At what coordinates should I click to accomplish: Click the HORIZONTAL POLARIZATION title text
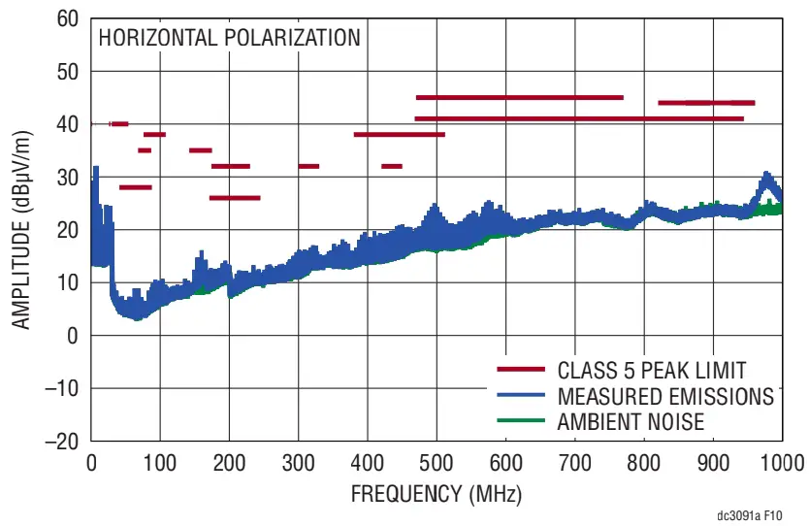[228, 39]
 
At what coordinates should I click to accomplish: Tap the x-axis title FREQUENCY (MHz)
[436, 494]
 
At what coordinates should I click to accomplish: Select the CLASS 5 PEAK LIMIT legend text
[652, 370]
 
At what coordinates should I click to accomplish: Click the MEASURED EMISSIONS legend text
[665, 396]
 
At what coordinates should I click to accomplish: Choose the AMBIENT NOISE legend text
[631, 421]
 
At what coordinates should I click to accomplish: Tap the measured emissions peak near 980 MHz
[767, 176]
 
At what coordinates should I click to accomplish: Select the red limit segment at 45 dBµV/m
[519, 97]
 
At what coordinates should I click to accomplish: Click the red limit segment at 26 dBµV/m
[235, 198]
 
